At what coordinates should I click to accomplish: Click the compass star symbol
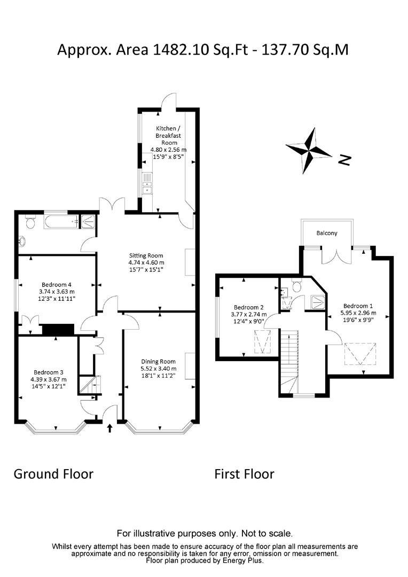(309, 151)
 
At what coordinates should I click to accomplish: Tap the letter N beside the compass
(346, 159)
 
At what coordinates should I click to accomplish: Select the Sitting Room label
(146, 255)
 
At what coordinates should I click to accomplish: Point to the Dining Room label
(158, 361)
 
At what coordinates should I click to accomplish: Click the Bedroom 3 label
(49, 372)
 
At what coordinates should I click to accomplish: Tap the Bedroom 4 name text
(56, 285)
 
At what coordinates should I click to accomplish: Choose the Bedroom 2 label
(249, 307)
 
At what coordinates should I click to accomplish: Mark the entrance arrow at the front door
(110, 427)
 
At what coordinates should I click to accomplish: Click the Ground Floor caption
(53, 474)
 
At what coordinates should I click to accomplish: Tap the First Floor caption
(244, 474)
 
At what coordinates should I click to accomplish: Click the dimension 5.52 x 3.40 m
(158, 369)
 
